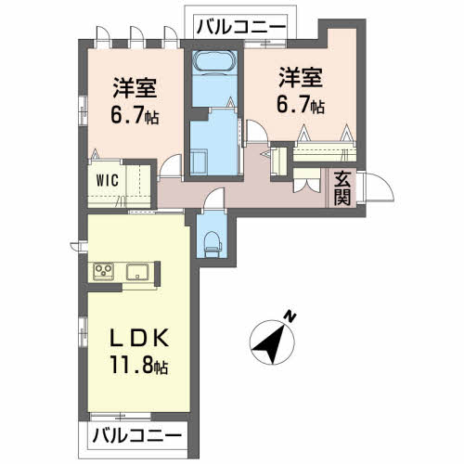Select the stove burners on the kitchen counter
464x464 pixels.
tap(102, 272)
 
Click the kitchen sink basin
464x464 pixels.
tap(137, 272)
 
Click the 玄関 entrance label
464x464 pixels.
tap(341, 187)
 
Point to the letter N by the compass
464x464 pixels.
tap(290, 316)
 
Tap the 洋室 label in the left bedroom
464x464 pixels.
tap(135, 88)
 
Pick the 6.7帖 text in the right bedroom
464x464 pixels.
tap(298, 105)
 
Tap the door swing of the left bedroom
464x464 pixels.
tap(170, 167)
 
